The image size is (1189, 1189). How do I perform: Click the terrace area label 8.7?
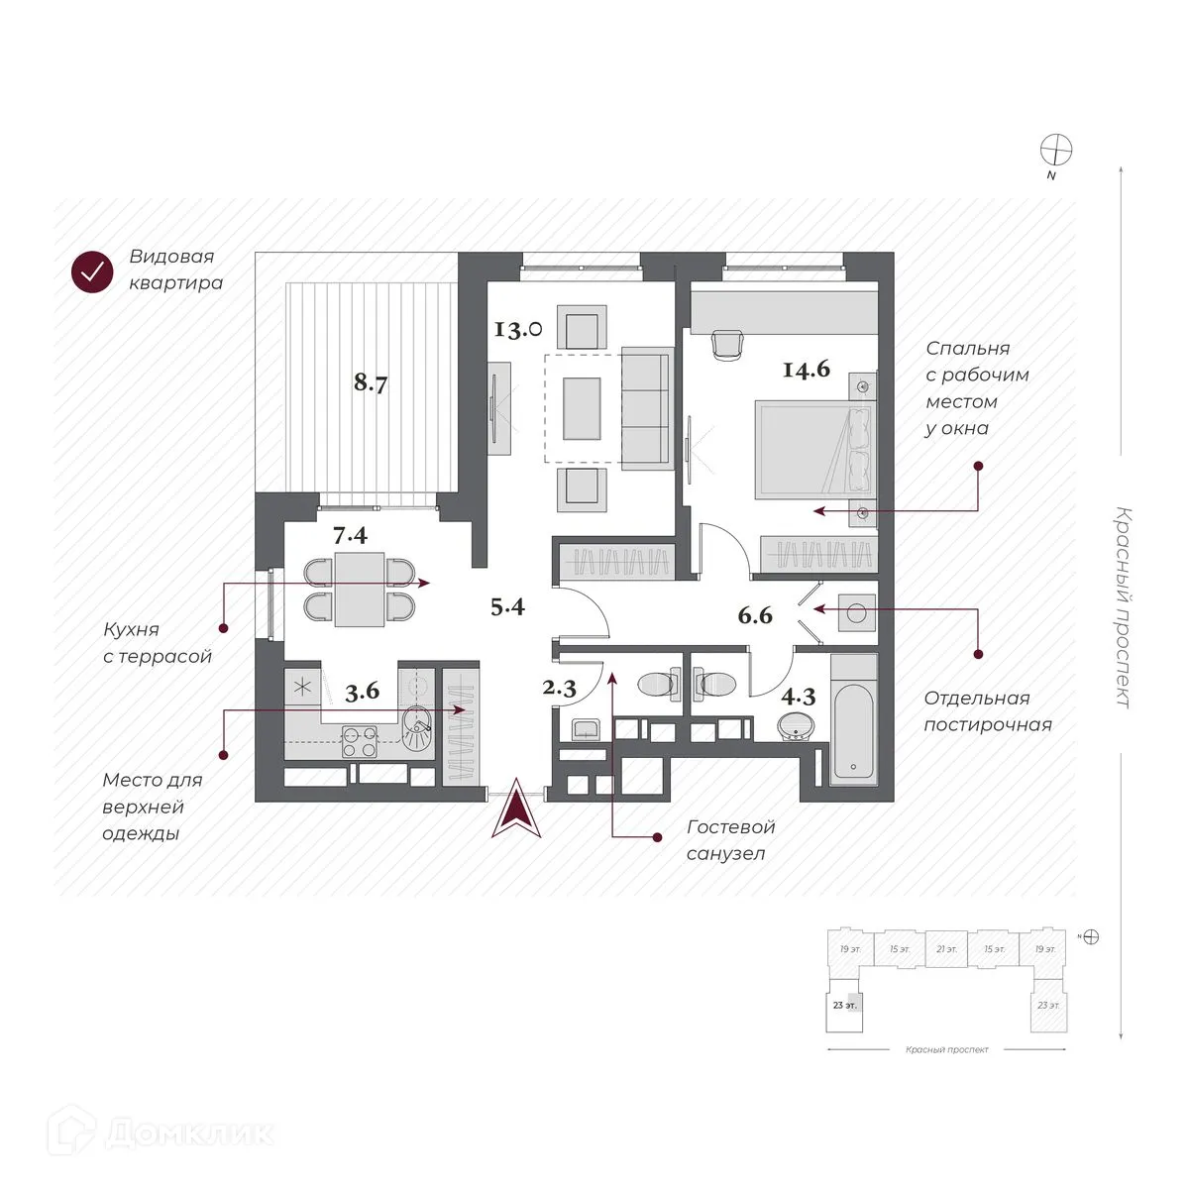click(x=371, y=382)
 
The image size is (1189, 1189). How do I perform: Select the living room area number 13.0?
click(x=518, y=328)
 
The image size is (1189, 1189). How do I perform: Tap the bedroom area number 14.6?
click(x=806, y=370)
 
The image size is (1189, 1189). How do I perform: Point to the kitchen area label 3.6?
click(x=362, y=692)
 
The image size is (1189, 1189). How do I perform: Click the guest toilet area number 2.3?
click(x=560, y=689)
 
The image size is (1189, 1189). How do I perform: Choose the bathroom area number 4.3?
click(x=798, y=696)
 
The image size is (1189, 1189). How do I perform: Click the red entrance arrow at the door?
click(x=516, y=811)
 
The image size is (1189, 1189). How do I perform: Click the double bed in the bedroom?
click(x=814, y=449)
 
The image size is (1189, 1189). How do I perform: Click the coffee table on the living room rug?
click(x=582, y=407)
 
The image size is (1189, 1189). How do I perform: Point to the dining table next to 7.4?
click(x=359, y=590)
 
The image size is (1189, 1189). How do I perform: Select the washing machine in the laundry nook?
click(x=855, y=611)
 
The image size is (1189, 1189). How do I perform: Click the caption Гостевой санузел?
click(x=730, y=839)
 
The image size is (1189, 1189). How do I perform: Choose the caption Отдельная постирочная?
click(x=987, y=711)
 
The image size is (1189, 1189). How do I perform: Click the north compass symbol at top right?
click(x=1056, y=151)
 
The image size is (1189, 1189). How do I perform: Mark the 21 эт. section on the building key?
click(x=946, y=949)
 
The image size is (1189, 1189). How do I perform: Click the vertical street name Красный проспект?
click(x=1122, y=606)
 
